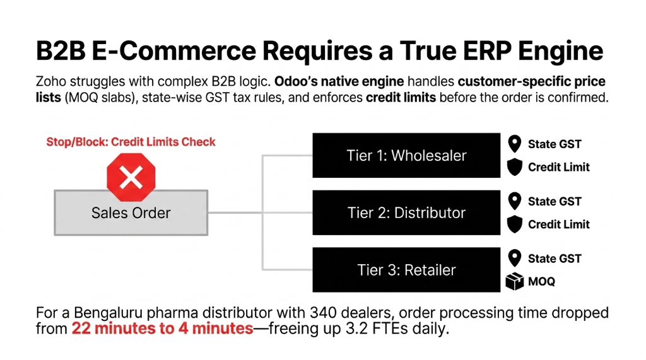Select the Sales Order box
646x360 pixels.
click(x=131, y=213)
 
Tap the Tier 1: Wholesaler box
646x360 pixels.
click(x=406, y=155)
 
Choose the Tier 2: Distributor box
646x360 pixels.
click(x=406, y=212)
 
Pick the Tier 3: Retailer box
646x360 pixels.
click(x=406, y=270)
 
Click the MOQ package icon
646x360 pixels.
click(x=515, y=282)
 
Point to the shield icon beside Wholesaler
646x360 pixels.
click(x=515, y=167)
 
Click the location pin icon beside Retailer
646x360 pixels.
click(x=515, y=258)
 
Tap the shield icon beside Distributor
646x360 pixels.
click(x=515, y=224)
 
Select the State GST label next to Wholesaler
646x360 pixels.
click(x=555, y=144)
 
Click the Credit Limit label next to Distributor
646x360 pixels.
click(x=558, y=224)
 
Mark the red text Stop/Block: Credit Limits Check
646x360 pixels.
click(x=131, y=142)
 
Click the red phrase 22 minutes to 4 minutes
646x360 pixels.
click(x=162, y=329)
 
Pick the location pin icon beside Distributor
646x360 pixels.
click(x=515, y=201)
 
